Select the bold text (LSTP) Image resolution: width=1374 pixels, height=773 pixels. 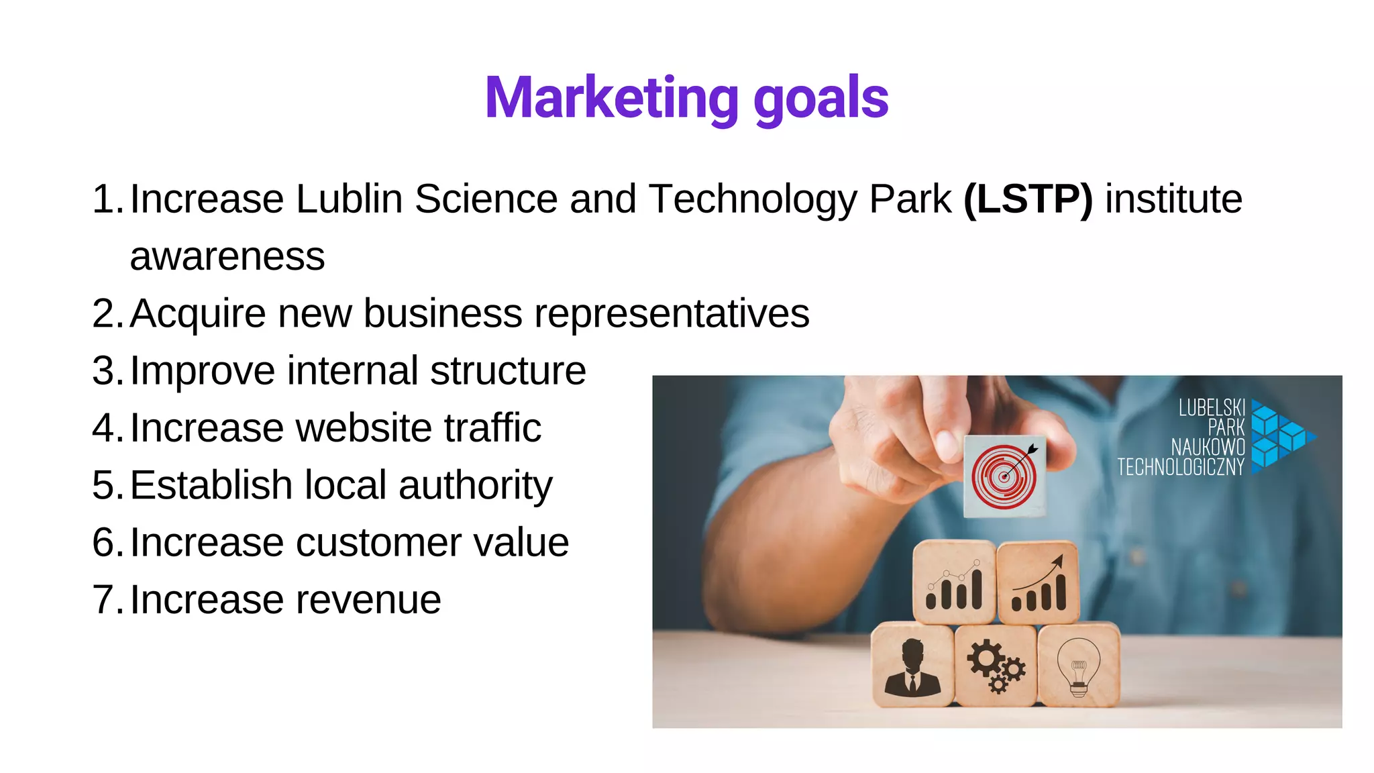tap(1028, 199)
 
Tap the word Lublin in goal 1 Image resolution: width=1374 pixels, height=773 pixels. tap(349, 199)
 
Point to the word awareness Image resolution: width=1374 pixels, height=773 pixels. tap(227, 257)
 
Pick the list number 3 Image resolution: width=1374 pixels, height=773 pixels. tap(105, 371)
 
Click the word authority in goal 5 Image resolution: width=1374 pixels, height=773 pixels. tap(475, 486)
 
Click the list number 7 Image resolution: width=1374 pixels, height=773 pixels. tap(105, 600)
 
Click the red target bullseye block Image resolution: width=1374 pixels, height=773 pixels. tap(1004, 476)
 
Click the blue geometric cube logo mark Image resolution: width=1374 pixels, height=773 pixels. tap(1282, 437)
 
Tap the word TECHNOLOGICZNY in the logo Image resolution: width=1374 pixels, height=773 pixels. tap(1180, 467)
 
